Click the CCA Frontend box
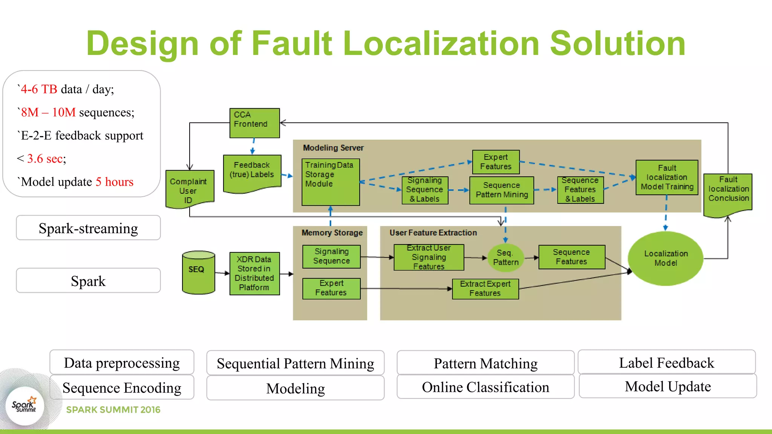pyautogui.click(x=254, y=123)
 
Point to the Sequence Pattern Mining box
pyautogui.click(x=501, y=190)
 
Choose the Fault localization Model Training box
pyautogui.click(x=666, y=177)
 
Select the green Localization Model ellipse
pyautogui.click(x=665, y=258)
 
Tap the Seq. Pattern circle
pyautogui.click(x=505, y=258)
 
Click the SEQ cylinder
pyautogui.click(x=198, y=273)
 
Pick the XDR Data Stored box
pyautogui.click(x=254, y=274)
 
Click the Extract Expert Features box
pyautogui.click(x=485, y=289)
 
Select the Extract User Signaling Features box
pyautogui.click(x=429, y=257)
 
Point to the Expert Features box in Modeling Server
pyautogui.click(x=496, y=162)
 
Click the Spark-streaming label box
pyautogui.click(x=88, y=228)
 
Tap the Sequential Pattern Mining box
pyautogui.click(x=295, y=363)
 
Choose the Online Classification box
pyautogui.click(x=485, y=387)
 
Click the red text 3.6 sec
pyautogui.click(x=46, y=159)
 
